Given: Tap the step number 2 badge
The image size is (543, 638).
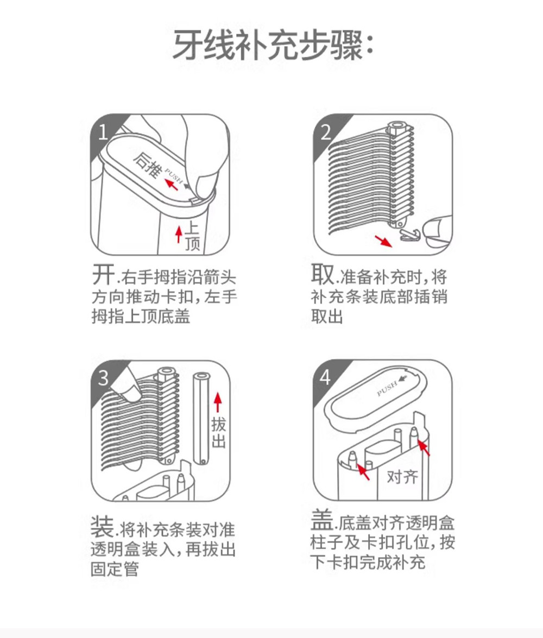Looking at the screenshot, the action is [x=325, y=132].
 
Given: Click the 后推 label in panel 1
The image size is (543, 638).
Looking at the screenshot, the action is [x=147, y=163].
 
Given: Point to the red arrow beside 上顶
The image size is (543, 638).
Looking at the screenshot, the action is [x=178, y=235].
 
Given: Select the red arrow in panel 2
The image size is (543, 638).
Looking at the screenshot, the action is [x=383, y=240].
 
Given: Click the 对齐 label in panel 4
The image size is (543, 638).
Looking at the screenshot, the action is [x=402, y=477].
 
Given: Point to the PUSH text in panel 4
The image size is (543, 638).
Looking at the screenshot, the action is [x=387, y=389].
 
